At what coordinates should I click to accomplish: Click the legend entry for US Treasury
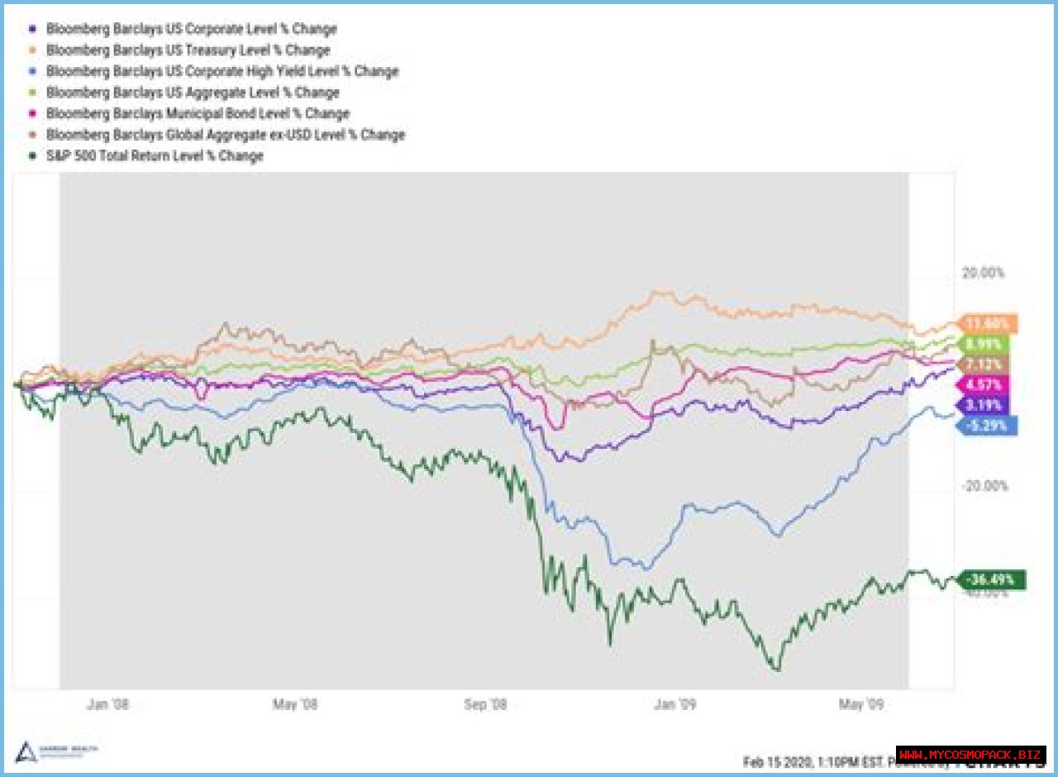pyautogui.click(x=188, y=50)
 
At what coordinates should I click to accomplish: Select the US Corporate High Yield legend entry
pyautogui.click(x=222, y=71)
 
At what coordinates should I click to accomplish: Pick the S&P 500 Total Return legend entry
pyautogui.click(x=155, y=155)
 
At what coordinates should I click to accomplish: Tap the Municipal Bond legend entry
pyautogui.click(x=198, y=113)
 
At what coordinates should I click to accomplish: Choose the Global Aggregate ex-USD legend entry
pyautogui.click(x=226, y=134)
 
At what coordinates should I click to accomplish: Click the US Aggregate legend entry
pyautogui.click(x=193, y=92)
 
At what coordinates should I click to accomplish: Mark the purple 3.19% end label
pyautogui.click(x=983, y=405)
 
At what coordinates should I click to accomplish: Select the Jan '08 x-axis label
pyautogui.click(x=108, y=704)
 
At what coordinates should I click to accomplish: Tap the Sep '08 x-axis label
pyautogui.click(x=486, y=704)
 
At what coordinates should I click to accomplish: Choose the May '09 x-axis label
pyautogui.click(x=862, y=704)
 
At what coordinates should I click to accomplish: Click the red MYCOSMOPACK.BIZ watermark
pyautogui.click(x=970, y=755)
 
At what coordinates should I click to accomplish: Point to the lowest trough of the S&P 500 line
pyautogui.click(x=777, y=670)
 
